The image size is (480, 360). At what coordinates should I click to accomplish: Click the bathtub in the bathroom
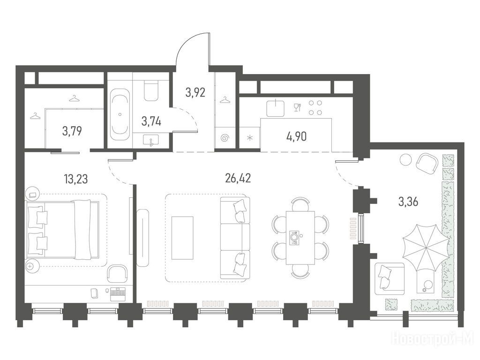[x=120, y=114]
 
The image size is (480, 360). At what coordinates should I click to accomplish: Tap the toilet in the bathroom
[x=150, y=91]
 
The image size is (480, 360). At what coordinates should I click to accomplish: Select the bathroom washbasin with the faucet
[x=150, y=141]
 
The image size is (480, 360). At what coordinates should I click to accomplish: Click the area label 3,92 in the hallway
[x=195, y=92]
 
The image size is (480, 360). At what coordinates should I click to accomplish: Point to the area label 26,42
[x=238, y=178]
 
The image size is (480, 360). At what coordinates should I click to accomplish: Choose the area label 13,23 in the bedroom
[x=76, y=179]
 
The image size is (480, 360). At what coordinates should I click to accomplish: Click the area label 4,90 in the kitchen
[x=296, y=136]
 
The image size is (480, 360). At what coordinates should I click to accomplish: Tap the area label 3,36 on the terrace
[x=408, y=202]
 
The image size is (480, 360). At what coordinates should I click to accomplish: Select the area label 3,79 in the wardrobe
[x=72, y=131]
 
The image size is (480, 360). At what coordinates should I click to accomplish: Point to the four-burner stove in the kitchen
[x=315, y=108]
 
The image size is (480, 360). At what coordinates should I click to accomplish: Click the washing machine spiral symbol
[x=225, y=138]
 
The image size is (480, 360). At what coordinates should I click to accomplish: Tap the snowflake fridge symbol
[x=250, y=138]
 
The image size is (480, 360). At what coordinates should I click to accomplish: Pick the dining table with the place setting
[x=300, y=238]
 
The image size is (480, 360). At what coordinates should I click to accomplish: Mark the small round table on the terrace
[x=406, y=159]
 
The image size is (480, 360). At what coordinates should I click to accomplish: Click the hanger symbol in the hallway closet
[x=225, y=100]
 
